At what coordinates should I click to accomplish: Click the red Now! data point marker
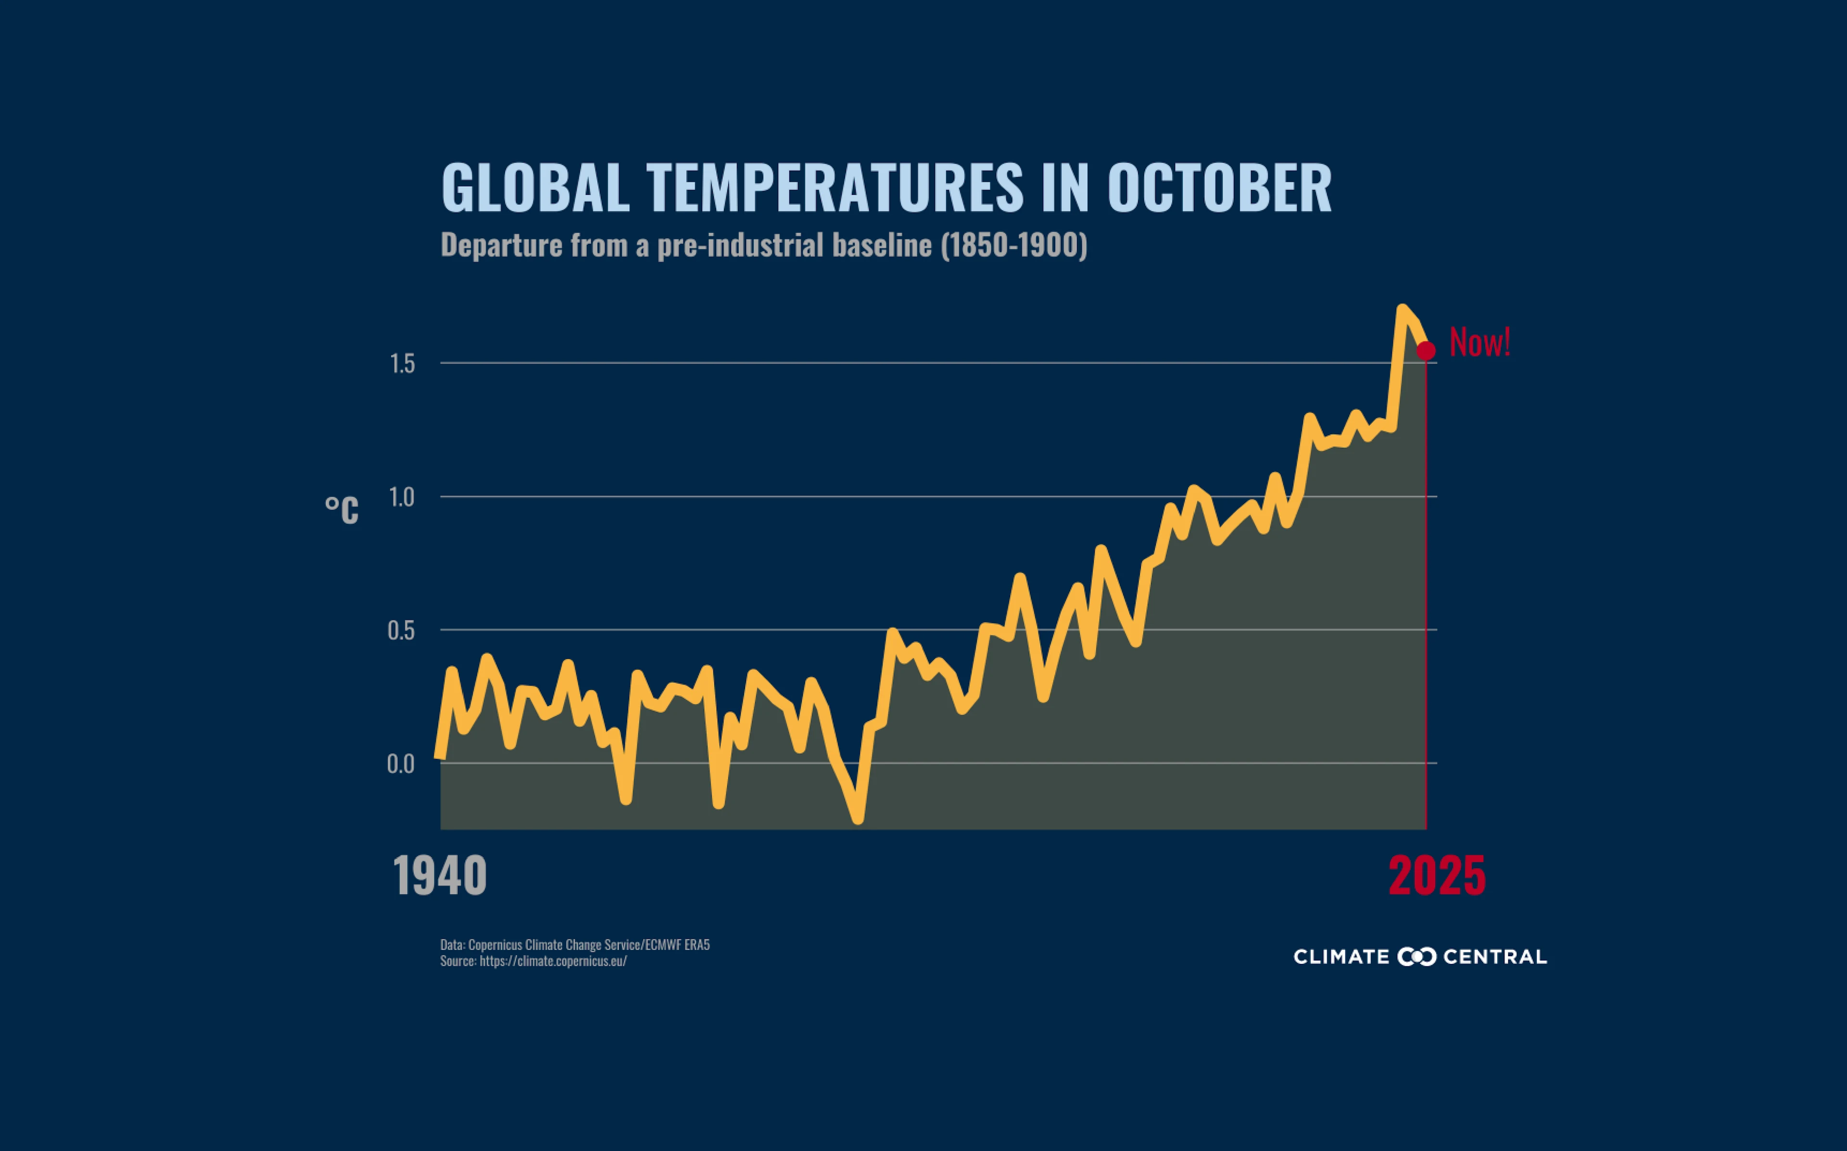[1425, 350]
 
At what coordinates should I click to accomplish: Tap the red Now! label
[1479, 342]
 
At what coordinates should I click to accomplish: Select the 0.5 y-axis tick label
[402, 631]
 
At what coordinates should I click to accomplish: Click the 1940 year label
[440, 876]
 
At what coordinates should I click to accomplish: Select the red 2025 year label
[1437, 876]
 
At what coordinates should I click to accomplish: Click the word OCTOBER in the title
[1219, 187]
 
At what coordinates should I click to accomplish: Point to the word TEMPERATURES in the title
[835, 187]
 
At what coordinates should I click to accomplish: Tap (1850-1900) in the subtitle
[1013, 245]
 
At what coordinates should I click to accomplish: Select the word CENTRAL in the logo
[1494, 957]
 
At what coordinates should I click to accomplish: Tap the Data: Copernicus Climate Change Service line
[575, 945]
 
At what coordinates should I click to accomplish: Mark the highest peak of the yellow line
[1402, 309]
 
